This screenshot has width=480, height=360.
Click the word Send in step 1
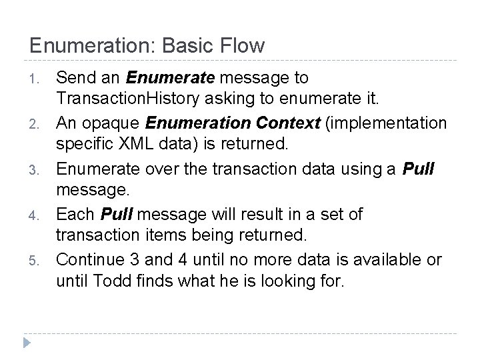pyautogui.click(x=74, y=78)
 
